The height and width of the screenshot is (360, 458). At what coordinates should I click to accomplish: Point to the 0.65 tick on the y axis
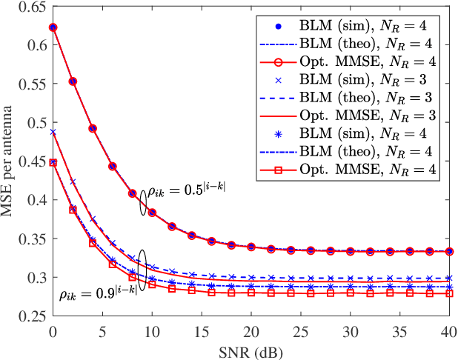click(36, 7)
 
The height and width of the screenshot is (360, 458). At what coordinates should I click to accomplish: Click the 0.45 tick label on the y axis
click(36, 161)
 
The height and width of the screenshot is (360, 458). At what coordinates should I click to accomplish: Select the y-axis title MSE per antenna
click(11, 161)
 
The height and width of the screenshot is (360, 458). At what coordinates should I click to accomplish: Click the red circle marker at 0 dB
click(53, 27)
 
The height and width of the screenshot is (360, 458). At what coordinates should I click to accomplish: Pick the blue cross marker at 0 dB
click(53, 132)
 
